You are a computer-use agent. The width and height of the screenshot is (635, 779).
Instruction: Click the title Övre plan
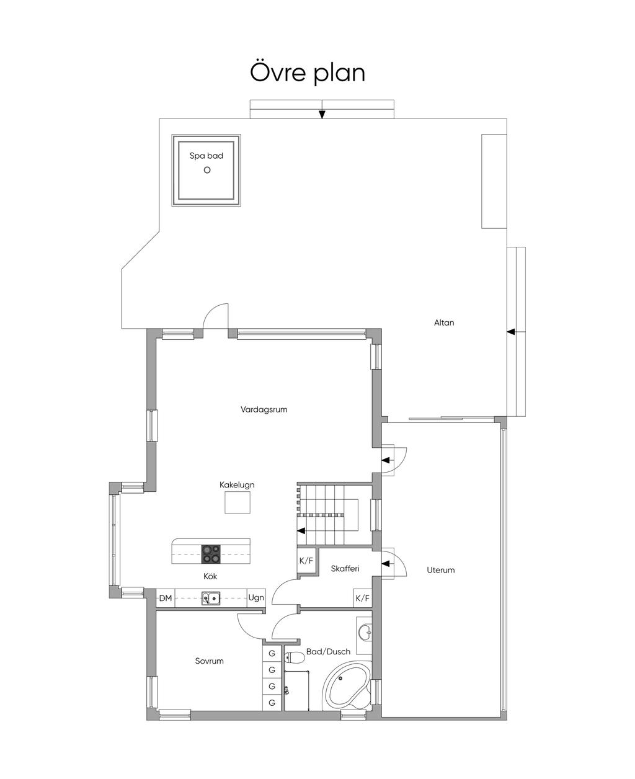point(308,73)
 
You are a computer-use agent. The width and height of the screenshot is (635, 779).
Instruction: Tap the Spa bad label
point(206,156)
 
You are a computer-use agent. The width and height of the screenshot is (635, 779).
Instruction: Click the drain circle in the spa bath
point(207,170)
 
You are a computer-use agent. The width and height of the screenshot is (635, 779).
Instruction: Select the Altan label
point(444,323)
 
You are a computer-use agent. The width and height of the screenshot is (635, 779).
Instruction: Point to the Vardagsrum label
point(264,409)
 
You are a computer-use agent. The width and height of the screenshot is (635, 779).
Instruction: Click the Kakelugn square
point(238,502)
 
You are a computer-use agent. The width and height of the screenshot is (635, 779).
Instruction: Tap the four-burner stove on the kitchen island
point(211,553)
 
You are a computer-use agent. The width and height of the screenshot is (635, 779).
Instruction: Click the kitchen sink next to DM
point(211,599)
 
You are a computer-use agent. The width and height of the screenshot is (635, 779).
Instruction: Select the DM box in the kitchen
point(166,599)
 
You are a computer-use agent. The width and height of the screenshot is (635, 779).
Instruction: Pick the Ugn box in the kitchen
point(256,599)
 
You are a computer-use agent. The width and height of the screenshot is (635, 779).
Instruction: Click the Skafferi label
point(345,569)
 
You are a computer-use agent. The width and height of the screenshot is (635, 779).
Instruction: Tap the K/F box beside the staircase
point(306,561)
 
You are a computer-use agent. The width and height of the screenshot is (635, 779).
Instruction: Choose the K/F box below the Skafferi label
point(362,599)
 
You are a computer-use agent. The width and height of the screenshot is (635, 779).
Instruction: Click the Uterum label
point(440,570)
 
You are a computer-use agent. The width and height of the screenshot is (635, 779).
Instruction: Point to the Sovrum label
point(209,661)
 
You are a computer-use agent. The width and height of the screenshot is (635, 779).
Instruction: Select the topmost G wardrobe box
point(272,654)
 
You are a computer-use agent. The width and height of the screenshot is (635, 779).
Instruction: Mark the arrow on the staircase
point(301,531)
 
